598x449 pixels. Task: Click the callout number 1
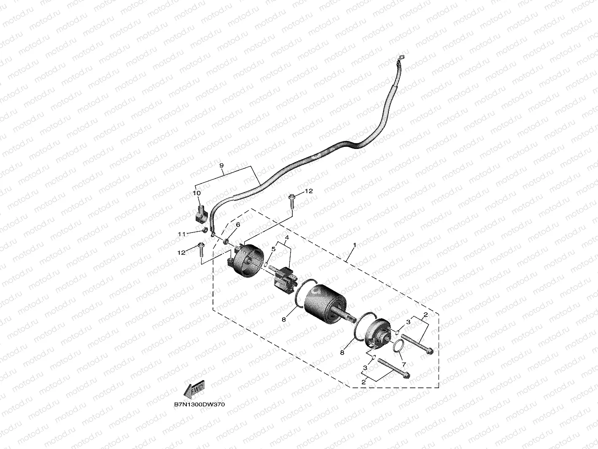(355, 245)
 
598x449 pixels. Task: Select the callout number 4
(287, 238)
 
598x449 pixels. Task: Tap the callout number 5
(273, 249)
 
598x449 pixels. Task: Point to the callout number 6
(238, 225)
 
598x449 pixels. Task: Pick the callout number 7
(403, 364)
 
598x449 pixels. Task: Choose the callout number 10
(197, 193)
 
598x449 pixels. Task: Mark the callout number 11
(182, 234)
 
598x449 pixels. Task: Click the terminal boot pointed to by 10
(200, 214)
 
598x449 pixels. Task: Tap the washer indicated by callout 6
(226, 242)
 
